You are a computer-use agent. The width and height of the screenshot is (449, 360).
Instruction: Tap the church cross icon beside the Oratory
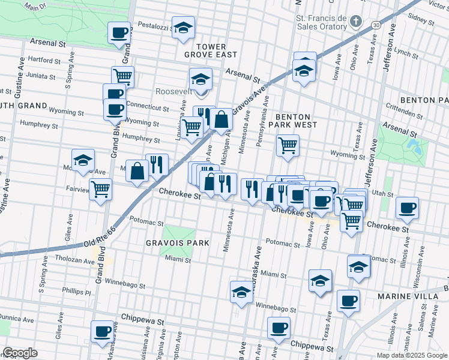click(356, 22)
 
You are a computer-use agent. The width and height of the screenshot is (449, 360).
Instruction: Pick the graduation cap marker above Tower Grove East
click(183, 27)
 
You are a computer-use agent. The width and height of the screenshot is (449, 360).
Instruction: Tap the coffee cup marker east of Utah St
click(408, 208)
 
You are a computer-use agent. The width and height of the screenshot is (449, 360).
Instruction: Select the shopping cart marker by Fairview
click(100, 188)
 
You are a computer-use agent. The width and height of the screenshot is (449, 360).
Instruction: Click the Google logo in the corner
click(20, 353)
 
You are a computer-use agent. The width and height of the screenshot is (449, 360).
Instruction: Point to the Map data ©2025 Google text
click(412, 355)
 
